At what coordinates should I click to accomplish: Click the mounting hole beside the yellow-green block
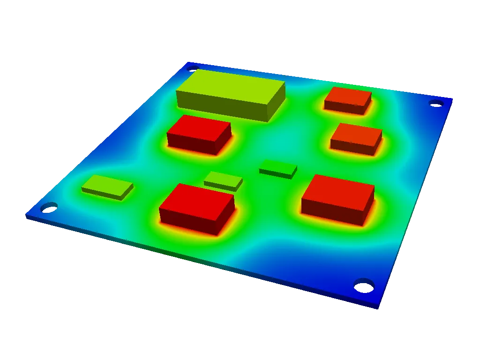192,68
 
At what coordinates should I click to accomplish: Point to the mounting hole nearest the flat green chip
48,207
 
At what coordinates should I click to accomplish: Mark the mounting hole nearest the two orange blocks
435,103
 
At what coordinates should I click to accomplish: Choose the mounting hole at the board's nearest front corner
363,284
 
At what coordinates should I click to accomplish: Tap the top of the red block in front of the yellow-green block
199,126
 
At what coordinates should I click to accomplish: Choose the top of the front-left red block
197,197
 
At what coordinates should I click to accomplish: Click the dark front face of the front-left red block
187,223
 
